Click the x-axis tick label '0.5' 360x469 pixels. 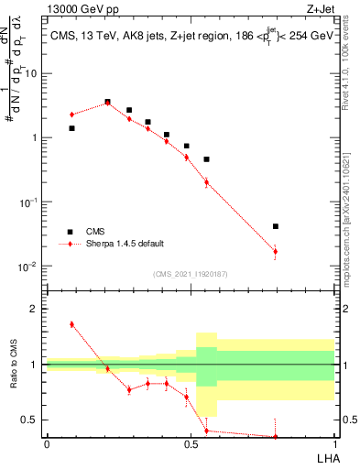[x=191, y=444]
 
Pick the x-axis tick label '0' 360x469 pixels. [x=47, y=444]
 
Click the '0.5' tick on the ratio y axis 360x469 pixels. [x=32, y=420]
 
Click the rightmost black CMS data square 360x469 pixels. [x=276, y=226]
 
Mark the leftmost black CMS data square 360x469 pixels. [x=71, y=128]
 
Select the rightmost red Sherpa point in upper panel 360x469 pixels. [x=276, y=251]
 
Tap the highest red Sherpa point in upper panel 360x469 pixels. [x=107, y=103]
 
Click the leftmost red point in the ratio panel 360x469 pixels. [x=71, y=324]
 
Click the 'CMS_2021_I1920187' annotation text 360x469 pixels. [x=190, y=274]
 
